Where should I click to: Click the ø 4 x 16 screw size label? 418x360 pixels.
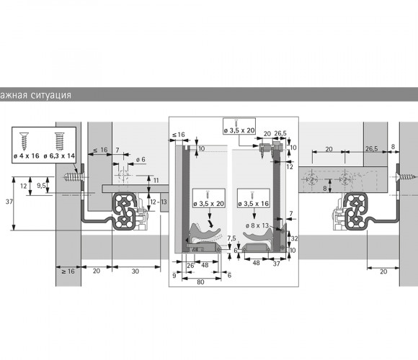[26, 156]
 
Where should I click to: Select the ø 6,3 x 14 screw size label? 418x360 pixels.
[59, 156]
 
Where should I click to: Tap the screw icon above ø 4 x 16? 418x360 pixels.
[25, 141]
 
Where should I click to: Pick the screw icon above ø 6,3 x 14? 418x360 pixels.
[59, 141]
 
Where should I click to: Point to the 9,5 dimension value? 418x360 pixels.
[41, 186]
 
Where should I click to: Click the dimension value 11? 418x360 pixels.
[156, 181]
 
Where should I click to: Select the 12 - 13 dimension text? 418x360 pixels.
[159, 202]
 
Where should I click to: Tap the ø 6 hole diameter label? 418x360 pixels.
[141, 160]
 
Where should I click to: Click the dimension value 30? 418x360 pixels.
[135, 271]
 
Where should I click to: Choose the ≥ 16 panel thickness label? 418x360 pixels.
[68, 271]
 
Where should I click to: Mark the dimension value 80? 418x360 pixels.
[200, 282]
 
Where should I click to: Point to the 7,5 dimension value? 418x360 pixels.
[231, 238]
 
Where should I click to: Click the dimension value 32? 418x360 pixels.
[294, 238]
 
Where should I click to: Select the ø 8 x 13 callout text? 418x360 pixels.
[257, 225]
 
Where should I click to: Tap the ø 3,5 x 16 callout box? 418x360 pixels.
[254, 198]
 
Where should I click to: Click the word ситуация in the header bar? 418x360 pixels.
[50, 95]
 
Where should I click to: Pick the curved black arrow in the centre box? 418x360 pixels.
[211, 223]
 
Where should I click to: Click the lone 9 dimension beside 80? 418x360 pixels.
[174, 275]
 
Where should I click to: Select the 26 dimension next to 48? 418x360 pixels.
[190, 266]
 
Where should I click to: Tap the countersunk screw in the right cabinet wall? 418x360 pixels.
[405, 176]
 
